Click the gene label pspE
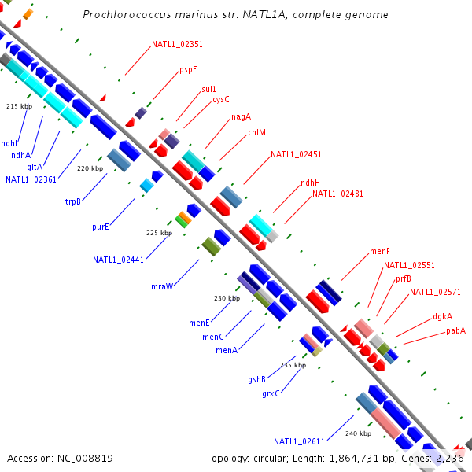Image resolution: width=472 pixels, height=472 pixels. pyautogui.click(x=188, y=69)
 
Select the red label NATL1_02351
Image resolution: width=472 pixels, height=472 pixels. pyautogui.click(x=177, y=45)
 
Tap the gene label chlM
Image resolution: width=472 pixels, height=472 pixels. pyautogui.click(x=257, y=133)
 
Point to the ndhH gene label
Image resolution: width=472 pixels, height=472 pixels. pyautogui.click(x=310, y=183)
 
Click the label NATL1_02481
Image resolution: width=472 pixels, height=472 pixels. pyautogui.click(x=337, y=194)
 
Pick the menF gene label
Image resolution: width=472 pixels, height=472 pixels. pyautogui.click(x=380, y=252)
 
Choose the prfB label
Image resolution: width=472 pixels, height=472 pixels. pyautogui.click(x=404, y=278)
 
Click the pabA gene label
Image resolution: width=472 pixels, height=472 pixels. pyautogui.click(x=456, y=330)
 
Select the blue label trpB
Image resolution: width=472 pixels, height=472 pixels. pyautogui.click(x=73, y=201)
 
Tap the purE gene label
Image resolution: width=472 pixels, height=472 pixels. pyautogui.click(x=100, y=227)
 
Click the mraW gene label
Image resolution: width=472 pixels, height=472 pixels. pyautogui.click(x=162, y=286)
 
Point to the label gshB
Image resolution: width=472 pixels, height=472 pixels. pyautogui.click(x=256, y=379)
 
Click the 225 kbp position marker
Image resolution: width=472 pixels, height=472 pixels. pyautogui.click(x=160, y=233)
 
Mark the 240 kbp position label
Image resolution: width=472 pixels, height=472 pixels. pyautogui.click(x=358, y=433)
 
